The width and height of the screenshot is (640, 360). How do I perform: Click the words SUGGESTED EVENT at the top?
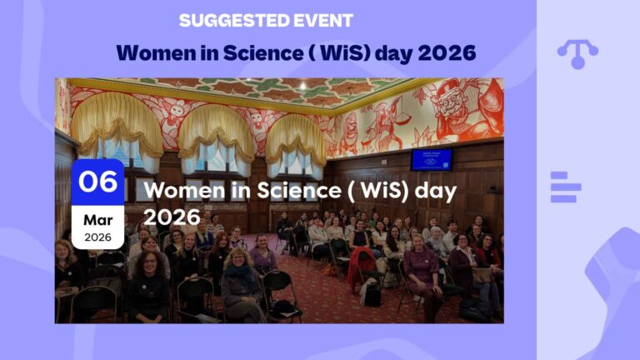266,20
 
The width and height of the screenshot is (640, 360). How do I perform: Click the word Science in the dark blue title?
269,53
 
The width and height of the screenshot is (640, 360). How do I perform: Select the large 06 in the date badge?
98,181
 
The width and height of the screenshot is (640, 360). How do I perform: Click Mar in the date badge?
98,220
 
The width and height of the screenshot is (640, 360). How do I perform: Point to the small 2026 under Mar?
98,237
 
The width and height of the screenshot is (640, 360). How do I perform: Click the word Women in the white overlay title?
184,190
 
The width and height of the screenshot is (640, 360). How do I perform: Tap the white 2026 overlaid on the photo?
172,217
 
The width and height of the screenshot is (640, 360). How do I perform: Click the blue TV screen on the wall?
432,160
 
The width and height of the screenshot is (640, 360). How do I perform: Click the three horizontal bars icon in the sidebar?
565,187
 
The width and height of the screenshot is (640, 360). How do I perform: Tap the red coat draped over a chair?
361,267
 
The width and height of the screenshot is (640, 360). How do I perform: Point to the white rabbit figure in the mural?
178,112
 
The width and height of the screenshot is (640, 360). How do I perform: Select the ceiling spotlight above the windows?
302,86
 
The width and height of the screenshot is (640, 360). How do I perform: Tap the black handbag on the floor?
372,295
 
